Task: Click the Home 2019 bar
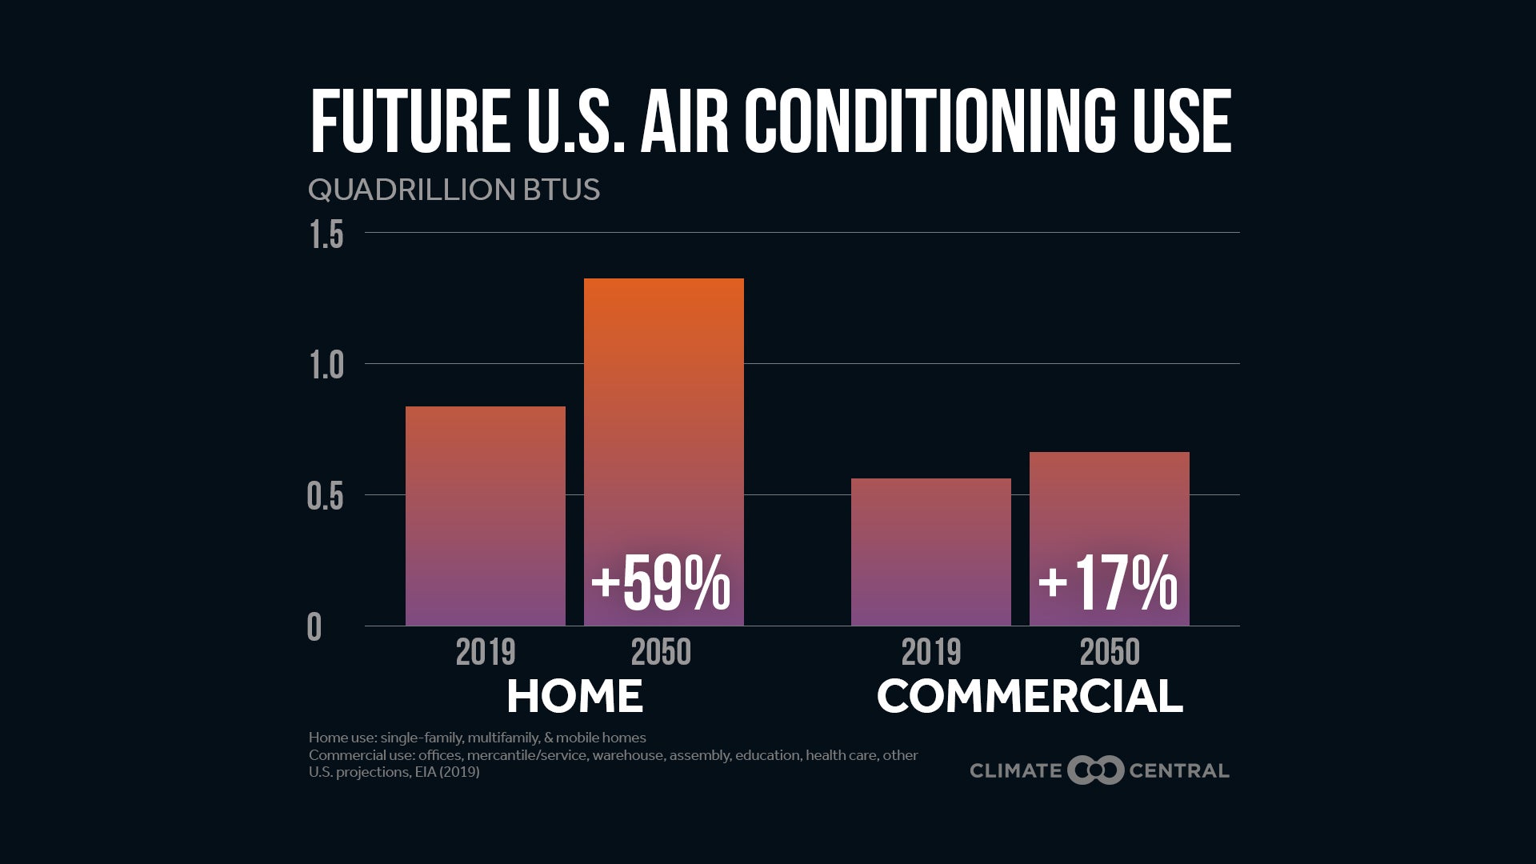pos(485,516)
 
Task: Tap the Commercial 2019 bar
pos(930,552)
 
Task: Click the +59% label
pos(661,584)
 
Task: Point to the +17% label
pos(1108,584)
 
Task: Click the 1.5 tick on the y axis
pos(326,235)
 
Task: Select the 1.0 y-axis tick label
pos(326,366)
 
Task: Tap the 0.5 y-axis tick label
pos(325,497)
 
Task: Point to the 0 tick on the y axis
pos(314,628)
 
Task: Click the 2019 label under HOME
pos(485,653)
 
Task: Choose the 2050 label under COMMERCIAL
pos(1109,653)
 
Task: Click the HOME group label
pos(574,696)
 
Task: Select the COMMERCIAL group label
pos(1030,696)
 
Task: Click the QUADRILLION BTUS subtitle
pos(454,190)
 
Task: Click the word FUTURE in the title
pos(410,122)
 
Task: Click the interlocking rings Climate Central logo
pos(1095,770)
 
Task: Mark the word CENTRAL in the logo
pos(1178,771)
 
